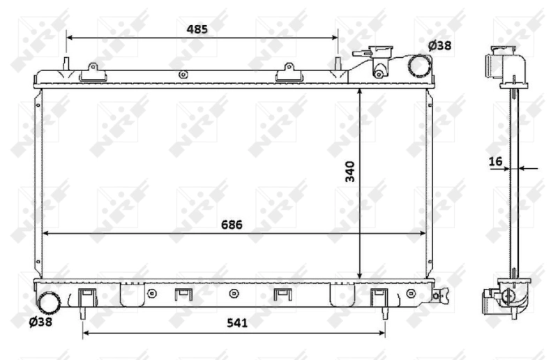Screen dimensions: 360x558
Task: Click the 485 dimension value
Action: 197,29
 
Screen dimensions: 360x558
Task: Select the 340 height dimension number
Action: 349,172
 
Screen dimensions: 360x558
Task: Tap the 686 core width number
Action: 232,224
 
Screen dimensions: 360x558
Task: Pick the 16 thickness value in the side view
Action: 496,162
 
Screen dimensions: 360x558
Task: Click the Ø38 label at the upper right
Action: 439,45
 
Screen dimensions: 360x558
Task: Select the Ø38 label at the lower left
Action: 40,322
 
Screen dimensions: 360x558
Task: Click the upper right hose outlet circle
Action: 420,66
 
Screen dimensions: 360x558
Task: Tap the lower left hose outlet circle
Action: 50,302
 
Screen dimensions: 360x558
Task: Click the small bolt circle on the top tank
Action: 183,75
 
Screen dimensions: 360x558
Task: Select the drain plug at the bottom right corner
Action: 438,295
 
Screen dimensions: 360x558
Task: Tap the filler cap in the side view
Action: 501,63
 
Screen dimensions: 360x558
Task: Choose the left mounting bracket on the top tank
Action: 91,72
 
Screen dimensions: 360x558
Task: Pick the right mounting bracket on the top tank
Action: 286,73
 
